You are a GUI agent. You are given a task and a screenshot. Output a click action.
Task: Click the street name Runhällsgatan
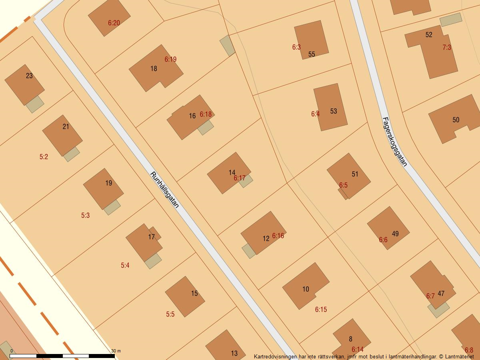click(x=164, y=190)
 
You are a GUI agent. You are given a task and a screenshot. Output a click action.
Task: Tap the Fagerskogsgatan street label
click(x=394, y=142)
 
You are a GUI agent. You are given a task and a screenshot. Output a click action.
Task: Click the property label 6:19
click(x=170, y=59)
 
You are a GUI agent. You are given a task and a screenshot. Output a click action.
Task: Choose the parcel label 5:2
click(x=44, y=157)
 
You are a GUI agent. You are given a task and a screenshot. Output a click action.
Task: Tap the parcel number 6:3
click(x=296, y=47)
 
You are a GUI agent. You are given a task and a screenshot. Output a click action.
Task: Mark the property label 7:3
click(x=447, y=47)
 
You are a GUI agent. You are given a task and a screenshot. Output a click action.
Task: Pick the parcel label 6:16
click(x=278, y=236)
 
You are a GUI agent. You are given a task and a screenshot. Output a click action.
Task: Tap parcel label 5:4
click(x=125, y=265)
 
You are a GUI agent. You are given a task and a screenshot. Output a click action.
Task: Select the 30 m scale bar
click(x=62, y=356)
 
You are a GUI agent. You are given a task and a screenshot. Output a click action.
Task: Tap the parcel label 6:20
click(x=114, y=23)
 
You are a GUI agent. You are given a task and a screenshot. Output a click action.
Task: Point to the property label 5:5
click(x=170, y=314)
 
